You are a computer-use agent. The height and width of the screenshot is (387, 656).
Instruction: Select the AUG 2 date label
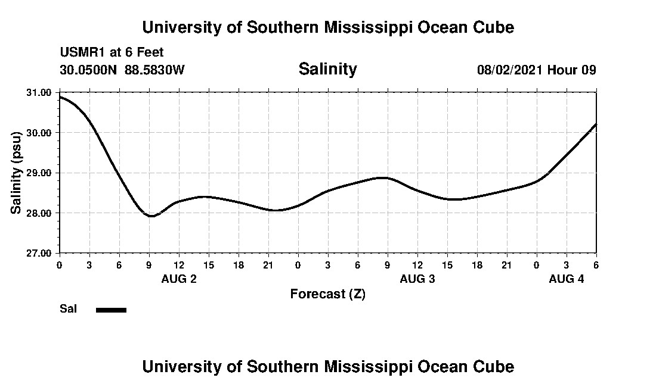coord(179,279)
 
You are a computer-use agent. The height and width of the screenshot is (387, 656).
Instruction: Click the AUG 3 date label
coord(417,279)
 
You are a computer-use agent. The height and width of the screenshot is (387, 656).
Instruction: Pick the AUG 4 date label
coord(567,279)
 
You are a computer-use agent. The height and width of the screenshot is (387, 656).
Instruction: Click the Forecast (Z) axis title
coord(327,294)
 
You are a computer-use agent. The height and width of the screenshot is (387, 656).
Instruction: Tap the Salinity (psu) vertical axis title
coord(17,173)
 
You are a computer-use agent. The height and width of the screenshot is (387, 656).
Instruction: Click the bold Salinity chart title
coord(327,69)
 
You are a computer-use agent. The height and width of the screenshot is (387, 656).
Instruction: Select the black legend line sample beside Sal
coord(111,310)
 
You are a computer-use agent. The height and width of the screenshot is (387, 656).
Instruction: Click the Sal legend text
coord(68,309)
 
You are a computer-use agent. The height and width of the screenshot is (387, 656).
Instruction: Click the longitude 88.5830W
coord(154,70)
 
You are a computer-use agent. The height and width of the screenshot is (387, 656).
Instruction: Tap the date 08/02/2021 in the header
coord(510,70)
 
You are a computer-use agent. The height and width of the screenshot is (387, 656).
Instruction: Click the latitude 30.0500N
coord(89,70)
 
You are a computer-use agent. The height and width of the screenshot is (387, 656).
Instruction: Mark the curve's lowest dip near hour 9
coord(151,216)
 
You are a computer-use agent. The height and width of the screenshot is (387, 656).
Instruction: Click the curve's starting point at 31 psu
coord(60,96)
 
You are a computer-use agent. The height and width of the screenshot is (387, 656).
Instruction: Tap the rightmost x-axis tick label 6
coord(596,264)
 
